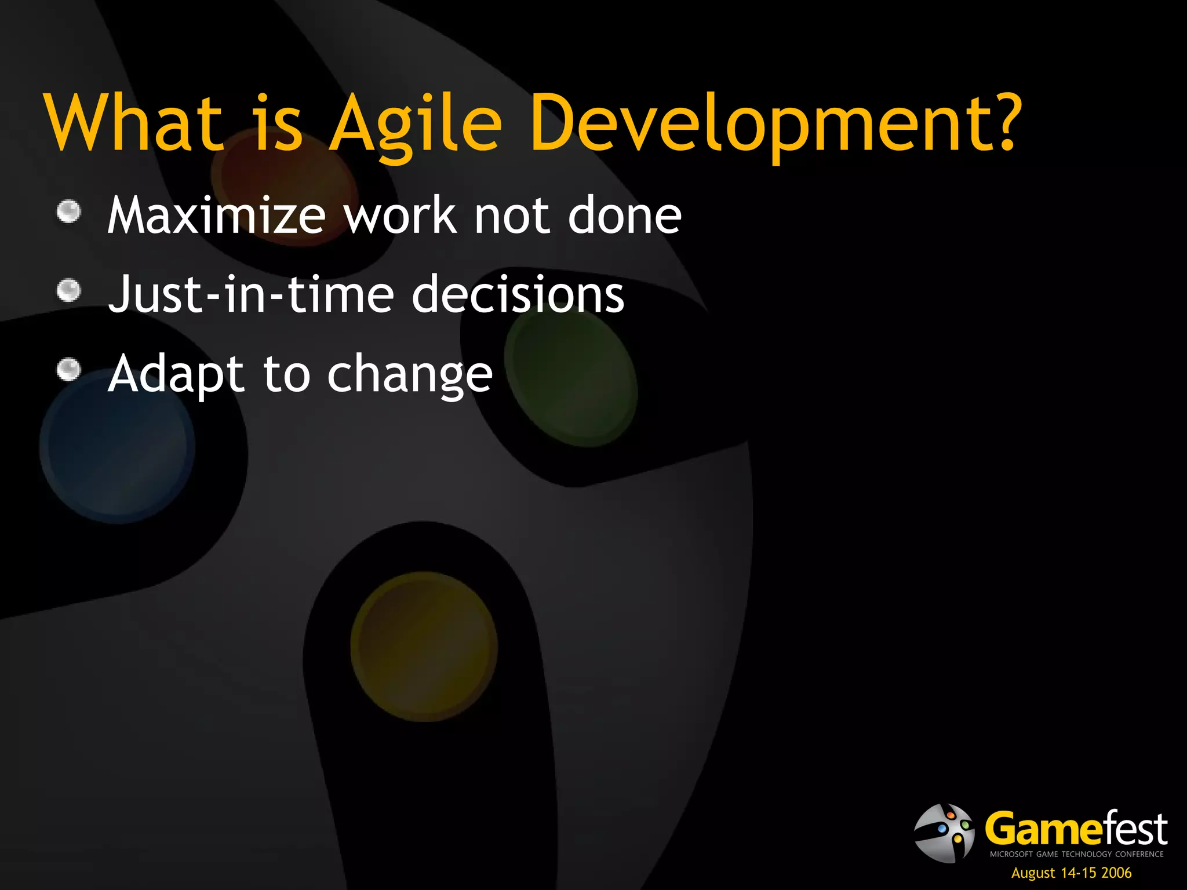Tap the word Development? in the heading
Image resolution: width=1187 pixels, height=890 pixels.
point(774,125)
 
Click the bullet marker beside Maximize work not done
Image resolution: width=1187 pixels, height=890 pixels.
point(69,211)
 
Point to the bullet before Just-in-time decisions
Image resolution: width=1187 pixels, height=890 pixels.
point(69,290)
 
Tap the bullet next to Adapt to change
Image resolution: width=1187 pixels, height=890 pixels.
point(69,370)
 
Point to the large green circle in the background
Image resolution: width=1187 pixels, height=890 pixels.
point(571,377)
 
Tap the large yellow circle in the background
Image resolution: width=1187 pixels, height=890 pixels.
point(424,646)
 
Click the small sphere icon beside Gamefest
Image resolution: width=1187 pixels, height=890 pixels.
point(944,833)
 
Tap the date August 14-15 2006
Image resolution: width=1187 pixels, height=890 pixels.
point(1071,873)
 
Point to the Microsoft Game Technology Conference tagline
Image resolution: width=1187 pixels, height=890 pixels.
point(1076,854)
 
